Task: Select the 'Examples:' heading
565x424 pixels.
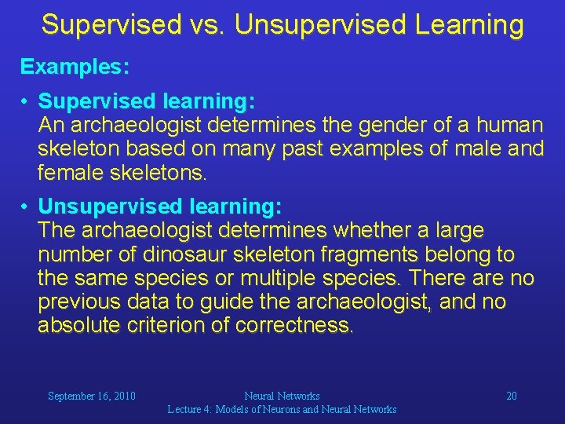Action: coord(75,67)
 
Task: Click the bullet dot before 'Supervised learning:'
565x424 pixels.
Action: coord(26,102)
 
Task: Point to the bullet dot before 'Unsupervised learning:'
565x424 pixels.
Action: coord(26,207)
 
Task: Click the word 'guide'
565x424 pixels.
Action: coord(255,302)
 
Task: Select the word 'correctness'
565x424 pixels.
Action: coord(298,325)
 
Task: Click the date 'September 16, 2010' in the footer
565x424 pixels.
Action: coord(92,397)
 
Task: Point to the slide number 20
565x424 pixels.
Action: coord(511,397)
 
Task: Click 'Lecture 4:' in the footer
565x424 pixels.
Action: coord(190,409)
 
